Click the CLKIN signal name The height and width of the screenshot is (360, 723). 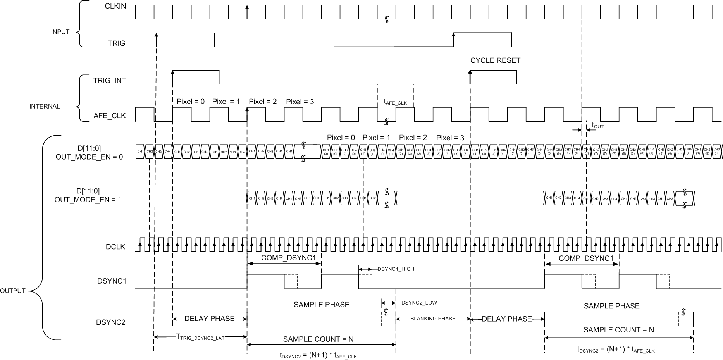[x=115, y=6]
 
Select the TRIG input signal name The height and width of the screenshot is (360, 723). [x=116, y=43]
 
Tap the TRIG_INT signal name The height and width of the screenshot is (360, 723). [x=109, y=81]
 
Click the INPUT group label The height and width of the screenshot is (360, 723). [x=60, y=32]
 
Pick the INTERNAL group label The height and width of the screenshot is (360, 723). [x=45, y=106]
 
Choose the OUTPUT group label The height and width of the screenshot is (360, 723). [x=13, y=291]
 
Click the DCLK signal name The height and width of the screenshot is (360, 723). [x=115, y=246]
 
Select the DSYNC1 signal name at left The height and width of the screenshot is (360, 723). [x=112, y=281]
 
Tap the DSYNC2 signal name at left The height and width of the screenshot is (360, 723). [x=111, y=322]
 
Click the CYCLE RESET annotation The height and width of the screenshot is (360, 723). [x=495, y=60]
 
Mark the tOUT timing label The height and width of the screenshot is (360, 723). [x=597, y=126]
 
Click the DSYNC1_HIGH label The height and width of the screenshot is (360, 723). [x=396, y=269]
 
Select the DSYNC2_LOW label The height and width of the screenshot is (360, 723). [x=419, y=303]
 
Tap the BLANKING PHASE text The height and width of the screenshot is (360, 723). [x=433, y=319]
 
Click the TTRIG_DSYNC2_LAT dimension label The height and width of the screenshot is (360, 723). [x=200, y=337]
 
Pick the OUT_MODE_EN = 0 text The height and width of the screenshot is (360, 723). [x=89, y=157]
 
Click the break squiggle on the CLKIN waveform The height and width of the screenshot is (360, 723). [x=386, y=19]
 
